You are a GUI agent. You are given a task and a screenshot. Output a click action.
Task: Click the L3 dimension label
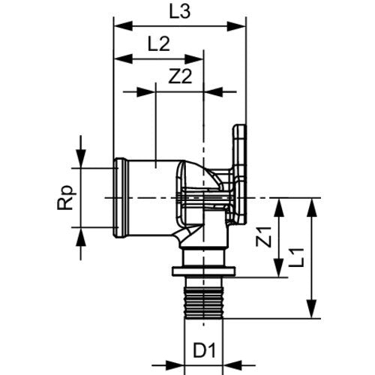pos(180,12)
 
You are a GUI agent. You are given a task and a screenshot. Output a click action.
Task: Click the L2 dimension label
pos(159,44)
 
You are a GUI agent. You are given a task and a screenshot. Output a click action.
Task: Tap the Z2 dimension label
pos(180,76)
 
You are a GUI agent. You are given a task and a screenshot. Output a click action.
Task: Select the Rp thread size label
pos(66,197)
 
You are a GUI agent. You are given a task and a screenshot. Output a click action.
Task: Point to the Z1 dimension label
pos(263,237)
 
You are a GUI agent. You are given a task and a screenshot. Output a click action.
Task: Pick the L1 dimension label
pos(296,258)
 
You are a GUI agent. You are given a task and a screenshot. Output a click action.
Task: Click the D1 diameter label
pos(204,351)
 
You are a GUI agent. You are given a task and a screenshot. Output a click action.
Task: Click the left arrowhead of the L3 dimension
pos(123,26)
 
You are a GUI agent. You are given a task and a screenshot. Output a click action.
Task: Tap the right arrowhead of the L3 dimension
pos(237,26)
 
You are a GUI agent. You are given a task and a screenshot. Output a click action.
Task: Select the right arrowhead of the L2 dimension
pos(193,59)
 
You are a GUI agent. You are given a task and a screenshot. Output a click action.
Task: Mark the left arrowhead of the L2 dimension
pos(123,59)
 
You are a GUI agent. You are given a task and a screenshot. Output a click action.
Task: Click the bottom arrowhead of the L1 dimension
pos(311,309)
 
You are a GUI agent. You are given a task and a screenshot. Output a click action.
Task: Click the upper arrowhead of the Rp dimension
pos(81,158)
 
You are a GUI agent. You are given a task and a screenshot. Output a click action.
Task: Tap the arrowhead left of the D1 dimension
pos(175,365)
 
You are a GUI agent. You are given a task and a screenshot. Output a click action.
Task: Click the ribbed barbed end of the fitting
pos(203,303)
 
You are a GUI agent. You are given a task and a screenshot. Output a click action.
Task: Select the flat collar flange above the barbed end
pos(203,271)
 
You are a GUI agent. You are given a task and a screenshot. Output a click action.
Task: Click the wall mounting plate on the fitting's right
pos(240,175)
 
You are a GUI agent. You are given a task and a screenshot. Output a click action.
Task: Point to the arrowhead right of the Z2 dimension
pos(214,92)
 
